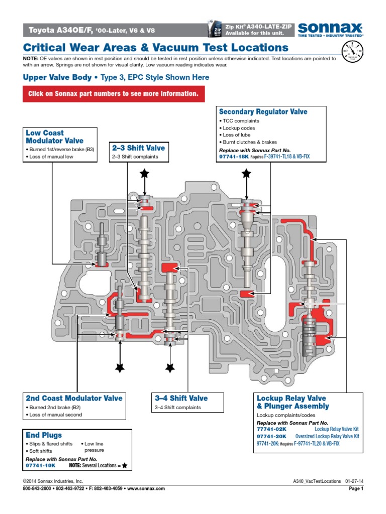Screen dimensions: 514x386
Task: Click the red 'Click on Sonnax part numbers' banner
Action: click(114, 94)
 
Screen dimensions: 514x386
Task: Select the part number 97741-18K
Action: click(234, 157)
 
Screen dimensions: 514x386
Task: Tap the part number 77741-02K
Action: click(271, 430)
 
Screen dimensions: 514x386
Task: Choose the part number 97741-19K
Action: click(40, 465)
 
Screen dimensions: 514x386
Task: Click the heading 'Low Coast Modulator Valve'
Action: click(55, 137)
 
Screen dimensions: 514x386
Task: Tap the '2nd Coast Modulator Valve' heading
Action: click(74, 398)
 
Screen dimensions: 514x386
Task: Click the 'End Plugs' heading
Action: click(44, 435)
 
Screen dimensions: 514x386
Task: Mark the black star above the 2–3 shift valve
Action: click(145, 174)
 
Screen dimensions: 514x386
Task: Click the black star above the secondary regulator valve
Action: click(246, 174)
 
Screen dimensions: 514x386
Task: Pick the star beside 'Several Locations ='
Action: click(125, 466)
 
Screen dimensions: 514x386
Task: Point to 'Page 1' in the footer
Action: click(355, 488)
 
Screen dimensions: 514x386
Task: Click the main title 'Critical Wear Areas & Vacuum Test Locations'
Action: click(156, 48)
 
